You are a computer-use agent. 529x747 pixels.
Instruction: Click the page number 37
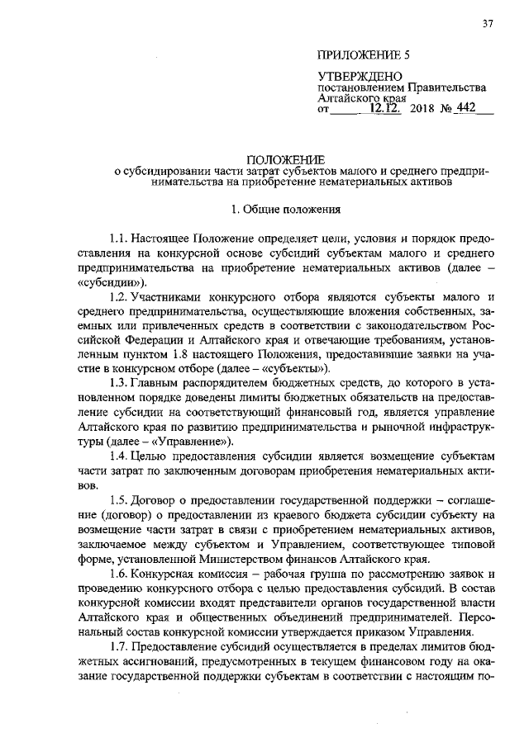[488, 24]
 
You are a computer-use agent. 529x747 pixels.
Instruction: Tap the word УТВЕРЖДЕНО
[354, 77]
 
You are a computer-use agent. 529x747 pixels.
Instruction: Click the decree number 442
[466, 108]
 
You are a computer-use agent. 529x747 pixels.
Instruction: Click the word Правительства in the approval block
[446, 87]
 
